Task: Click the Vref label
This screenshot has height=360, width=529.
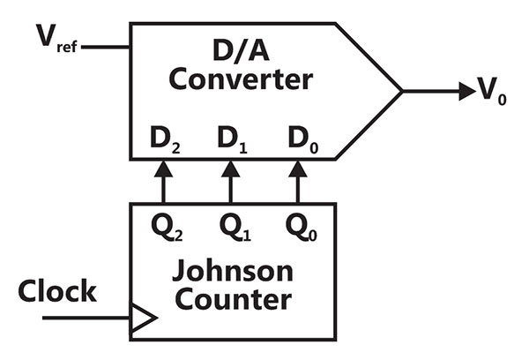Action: click(56, 38)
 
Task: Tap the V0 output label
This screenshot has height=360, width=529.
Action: click(492, 91)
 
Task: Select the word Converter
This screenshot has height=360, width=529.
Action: click(241, 79)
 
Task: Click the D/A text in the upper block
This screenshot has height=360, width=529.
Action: click(241, 50)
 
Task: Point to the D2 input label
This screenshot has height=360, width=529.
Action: click(165, 139)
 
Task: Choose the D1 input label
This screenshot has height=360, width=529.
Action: click(233, 139)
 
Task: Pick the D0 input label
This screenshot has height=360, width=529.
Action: click(303, 139)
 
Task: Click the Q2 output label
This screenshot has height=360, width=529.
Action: click(167, 228)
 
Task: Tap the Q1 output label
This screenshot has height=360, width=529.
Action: click(235, 228)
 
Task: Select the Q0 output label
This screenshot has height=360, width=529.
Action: click(302, 228)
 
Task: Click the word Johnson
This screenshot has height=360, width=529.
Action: click(233, 271)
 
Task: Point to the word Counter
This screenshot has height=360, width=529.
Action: click(233, 299)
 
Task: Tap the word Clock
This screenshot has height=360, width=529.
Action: click(57, 291)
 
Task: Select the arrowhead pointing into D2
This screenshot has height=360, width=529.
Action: click(163, 169)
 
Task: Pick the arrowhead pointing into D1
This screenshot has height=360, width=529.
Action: click(231, 169)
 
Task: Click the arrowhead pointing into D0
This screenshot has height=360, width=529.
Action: click(298, 169)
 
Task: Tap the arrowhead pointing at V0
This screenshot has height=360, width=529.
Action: click(467, 91)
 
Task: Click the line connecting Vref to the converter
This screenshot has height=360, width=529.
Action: click(105, 47)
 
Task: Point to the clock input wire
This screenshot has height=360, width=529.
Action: click(86, 318)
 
